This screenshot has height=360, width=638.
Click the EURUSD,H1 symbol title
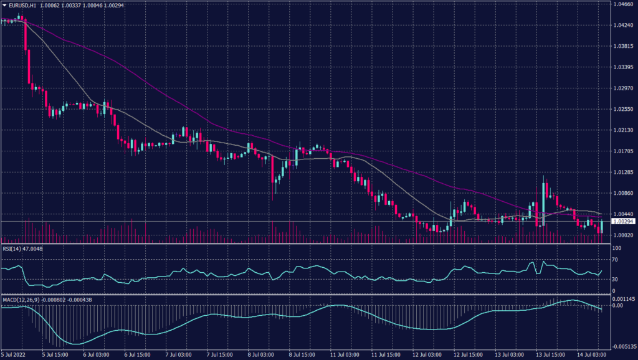coord(22,4)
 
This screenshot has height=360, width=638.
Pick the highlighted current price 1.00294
coord(624,221)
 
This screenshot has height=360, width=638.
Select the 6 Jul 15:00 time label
coord(137,355)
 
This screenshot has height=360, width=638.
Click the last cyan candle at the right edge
coord(602,227)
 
